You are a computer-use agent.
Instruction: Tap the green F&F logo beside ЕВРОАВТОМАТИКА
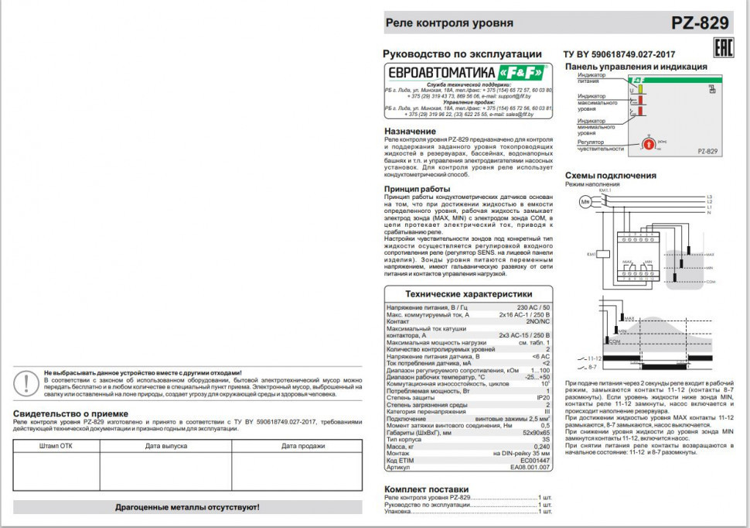522,72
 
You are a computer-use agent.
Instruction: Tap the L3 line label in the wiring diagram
709,197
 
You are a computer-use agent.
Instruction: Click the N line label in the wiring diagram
708,212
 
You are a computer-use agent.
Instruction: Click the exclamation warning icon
27,382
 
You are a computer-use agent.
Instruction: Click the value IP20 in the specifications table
543,397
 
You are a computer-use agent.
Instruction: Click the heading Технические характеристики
469,294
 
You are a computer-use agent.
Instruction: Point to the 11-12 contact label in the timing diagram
594,358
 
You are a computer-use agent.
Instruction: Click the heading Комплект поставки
426,489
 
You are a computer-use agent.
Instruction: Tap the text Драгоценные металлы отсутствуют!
187,507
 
